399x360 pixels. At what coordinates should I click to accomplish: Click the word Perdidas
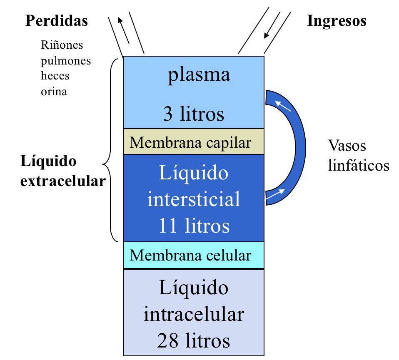click(57, 21)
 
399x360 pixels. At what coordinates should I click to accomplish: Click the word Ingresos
click(337, 21)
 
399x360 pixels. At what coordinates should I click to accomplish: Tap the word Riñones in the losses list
click(62, 45)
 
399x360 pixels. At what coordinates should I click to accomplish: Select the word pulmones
click(66, 61)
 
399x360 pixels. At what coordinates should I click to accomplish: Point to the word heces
click(55, 76)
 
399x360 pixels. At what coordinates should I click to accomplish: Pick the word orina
click(54, 92)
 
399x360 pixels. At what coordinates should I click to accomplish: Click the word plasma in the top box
click(199, 75)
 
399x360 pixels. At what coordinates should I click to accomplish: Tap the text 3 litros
click(194, 114)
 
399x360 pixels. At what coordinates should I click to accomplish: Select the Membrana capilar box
click(194, 142)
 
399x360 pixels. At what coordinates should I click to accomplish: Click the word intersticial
click(194, 199)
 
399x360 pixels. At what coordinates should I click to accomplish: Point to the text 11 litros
click(194, 226)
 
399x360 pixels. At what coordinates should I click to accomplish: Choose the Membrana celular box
click(194, 255)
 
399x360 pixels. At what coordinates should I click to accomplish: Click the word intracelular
click(194, 314)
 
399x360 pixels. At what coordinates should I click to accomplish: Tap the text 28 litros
click(194, 341)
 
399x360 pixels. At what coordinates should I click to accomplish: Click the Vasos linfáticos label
click(358, 156)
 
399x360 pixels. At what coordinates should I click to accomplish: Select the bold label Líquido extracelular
click(62, 171)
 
